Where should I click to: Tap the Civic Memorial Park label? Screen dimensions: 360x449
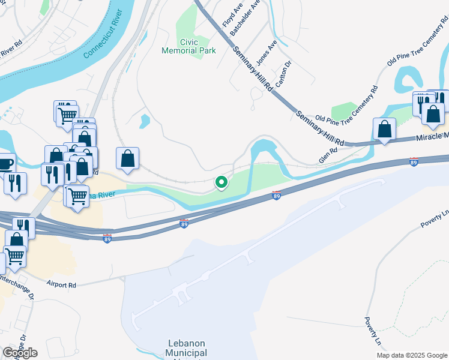pyautogui.click(x=188, y=47)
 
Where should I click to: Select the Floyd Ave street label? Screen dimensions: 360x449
pyautogui.click(x=228, y=16)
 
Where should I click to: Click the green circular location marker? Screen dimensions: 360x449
pyautogui.click(x=221, y=182)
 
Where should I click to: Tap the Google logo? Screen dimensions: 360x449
pyautogui.click(x=20, y=353)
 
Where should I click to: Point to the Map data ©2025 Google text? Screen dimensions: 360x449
pyautogui.click(x=411, y=355)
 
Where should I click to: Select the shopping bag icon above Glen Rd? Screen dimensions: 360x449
pyautogui.click(x=384, y=129)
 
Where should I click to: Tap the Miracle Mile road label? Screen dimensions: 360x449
pyautogui.click(x=432, y=138)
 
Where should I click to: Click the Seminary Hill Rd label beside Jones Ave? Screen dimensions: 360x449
pyautogui.click(x=253, y=68)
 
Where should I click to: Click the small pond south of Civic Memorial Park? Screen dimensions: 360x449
pyautogui.click(x=144, y=121)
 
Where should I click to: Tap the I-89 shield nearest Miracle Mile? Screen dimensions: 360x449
pyautogui.click(x=414, y=161)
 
